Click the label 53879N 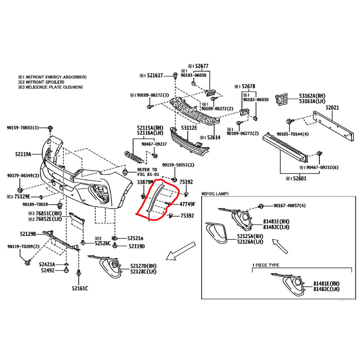point(145,182)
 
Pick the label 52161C point(80,288)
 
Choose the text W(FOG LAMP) point(215,193)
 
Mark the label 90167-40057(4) point(295,206)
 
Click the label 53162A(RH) point(313,96)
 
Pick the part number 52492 point(46,270)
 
